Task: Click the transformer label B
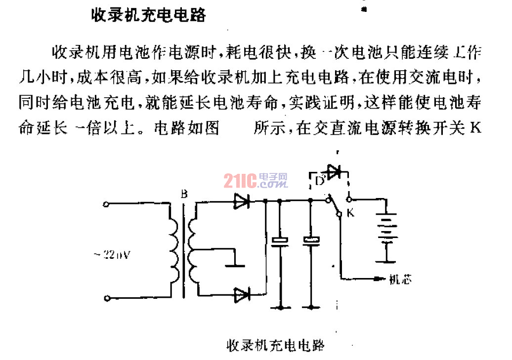pos(184,195)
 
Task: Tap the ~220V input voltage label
pos(112,255)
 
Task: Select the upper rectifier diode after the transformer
pos(241,200)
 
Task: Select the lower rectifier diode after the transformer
pos(241,295)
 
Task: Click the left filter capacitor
pos(280,241)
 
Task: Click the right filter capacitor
pos(311,241)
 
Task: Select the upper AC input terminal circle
pos(106,203)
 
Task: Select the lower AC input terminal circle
pos(106,297)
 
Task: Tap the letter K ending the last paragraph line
pos(475,129)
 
